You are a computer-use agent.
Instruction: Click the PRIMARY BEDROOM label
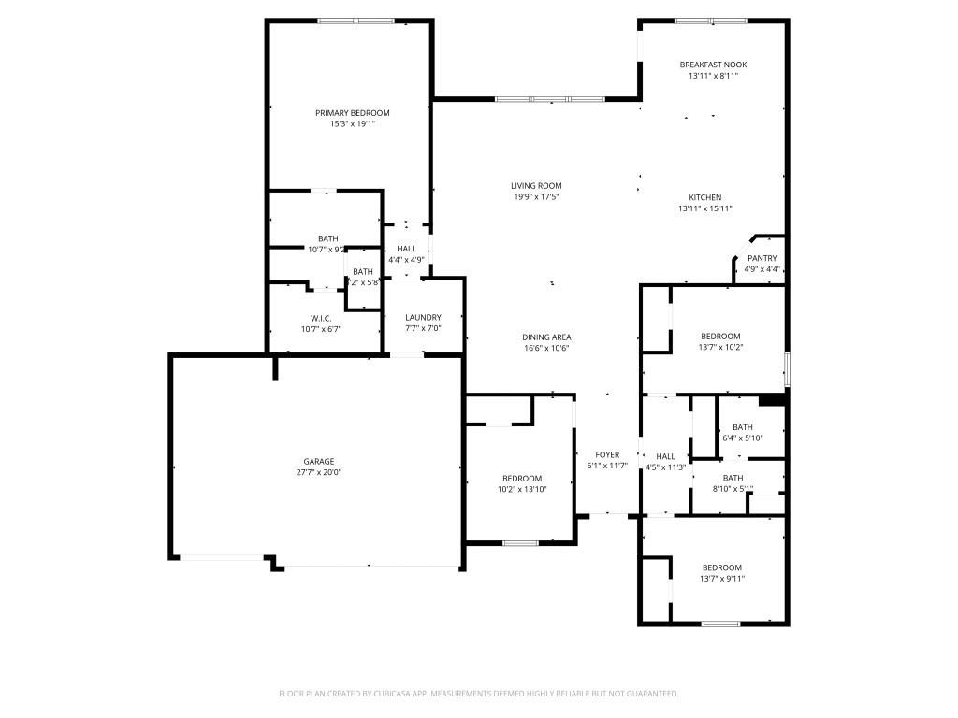(352, 113)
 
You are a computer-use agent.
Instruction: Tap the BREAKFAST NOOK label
(713, 65)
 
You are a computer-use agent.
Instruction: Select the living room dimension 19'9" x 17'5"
(536, 196)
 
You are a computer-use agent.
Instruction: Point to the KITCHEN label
(705, 197)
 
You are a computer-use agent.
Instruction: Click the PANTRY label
(762, 258)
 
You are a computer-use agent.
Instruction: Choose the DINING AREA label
(546, 337)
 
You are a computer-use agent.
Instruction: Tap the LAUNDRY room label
(423, 317)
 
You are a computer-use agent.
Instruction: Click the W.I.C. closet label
(322, 318)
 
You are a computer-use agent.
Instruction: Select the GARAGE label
(318, 461)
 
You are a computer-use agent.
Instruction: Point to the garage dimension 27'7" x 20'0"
(318, 472)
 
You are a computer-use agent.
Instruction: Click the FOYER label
(607, 454)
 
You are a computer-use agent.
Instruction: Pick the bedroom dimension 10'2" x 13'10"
(521, 489)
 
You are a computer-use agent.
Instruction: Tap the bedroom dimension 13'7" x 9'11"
(721, 578)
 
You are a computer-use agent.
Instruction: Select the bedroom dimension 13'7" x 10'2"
(720, 347)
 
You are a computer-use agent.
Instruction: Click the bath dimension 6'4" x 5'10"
(743, 438)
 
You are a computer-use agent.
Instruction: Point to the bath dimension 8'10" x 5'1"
(733, 488)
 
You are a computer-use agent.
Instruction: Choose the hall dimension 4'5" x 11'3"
(665, 467)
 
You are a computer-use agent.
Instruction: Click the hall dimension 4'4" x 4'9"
(406, 259)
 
